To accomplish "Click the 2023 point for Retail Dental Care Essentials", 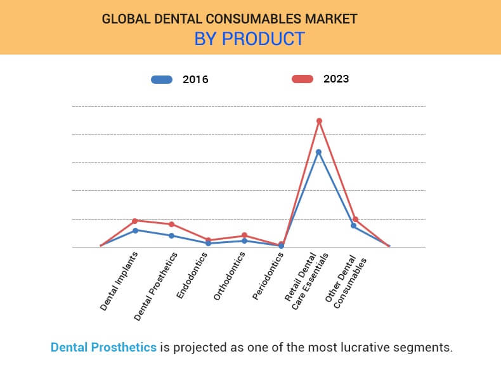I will (x=319, y=121).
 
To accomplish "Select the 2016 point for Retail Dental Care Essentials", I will (x=318, y=152).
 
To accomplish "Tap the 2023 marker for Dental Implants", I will (x=135, y=221).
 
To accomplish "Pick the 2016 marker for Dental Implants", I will (x=135, y=230).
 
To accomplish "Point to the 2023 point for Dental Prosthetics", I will (x=172, y=224).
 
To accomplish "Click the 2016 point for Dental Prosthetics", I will (x=172, y=235).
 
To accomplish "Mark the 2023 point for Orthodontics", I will (x=245, y=235).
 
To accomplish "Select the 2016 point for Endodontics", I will (x=208, y=243).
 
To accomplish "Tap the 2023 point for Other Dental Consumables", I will (x=355, y=219).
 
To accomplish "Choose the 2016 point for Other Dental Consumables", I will (x=354, y=225).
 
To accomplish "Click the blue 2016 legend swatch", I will (x=162, y=80).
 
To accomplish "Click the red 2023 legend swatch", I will (x=303, y=79).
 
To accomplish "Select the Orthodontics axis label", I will (x=230, y=277).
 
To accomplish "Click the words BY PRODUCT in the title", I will (x=249, y=39).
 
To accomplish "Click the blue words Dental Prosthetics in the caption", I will (x=103, y=348).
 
